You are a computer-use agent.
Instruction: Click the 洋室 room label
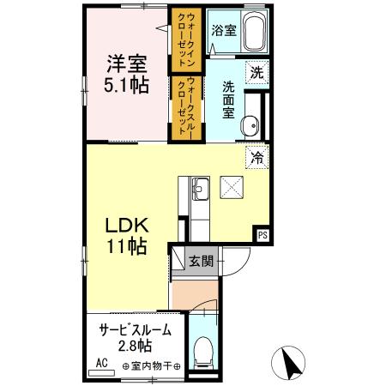[126, 63]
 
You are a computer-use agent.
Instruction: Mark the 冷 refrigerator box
[255, 157]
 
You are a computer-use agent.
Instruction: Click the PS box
[262, 232]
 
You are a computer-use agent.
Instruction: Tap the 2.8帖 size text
[134, 347]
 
